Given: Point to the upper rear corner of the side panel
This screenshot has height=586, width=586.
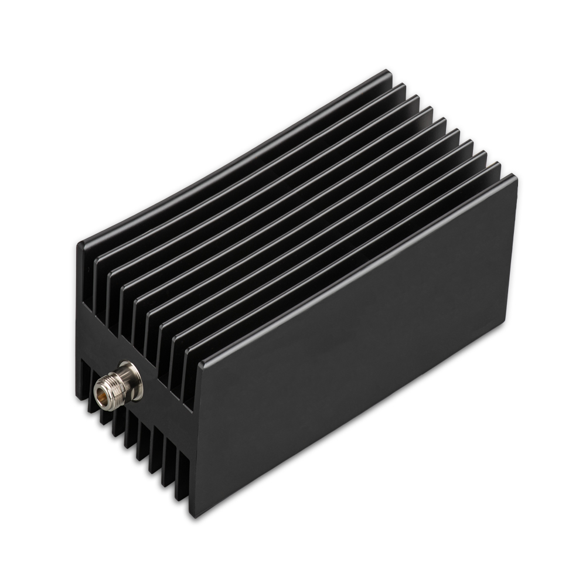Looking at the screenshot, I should click(514, 178).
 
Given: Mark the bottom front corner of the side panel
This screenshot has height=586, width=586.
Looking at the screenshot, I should click(192, 516).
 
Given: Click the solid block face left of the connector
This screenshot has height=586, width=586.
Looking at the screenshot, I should click(88, 340).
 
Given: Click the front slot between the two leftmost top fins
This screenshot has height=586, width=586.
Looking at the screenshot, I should click(89, 293).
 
